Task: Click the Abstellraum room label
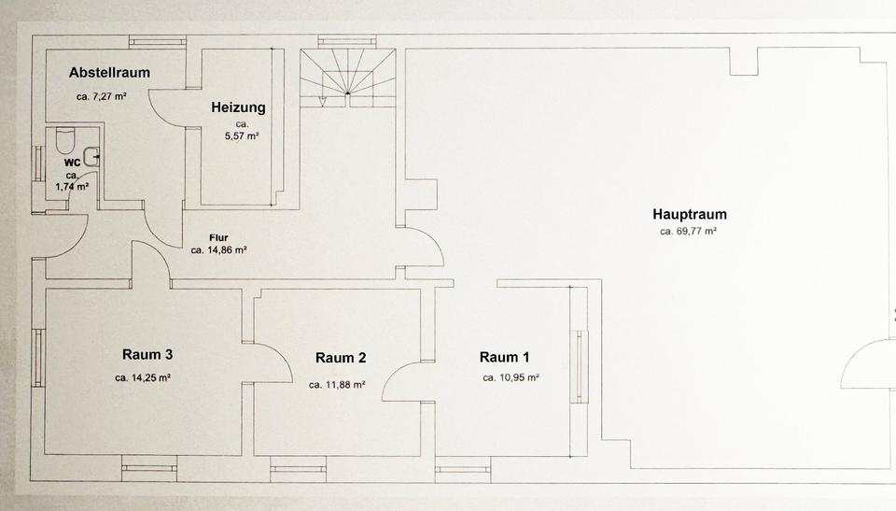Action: (x=109, y=73)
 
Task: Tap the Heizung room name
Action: (x=238, y=107)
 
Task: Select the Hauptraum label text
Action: (x=690, y=215)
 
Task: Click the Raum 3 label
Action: (x=147, y=355)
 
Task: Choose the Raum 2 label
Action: (x=341, y=358)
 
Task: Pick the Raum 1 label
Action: (x=505, y=358)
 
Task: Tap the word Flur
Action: (x=218, y=237)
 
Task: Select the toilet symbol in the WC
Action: (x=65, y=139)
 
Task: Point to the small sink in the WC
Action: (x=91, y=157)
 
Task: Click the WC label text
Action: (x=73, y=163)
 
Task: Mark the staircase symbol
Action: (x=348, y=78)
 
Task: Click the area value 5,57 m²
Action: (x=242, y=136)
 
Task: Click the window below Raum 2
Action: (x=299, y=469)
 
